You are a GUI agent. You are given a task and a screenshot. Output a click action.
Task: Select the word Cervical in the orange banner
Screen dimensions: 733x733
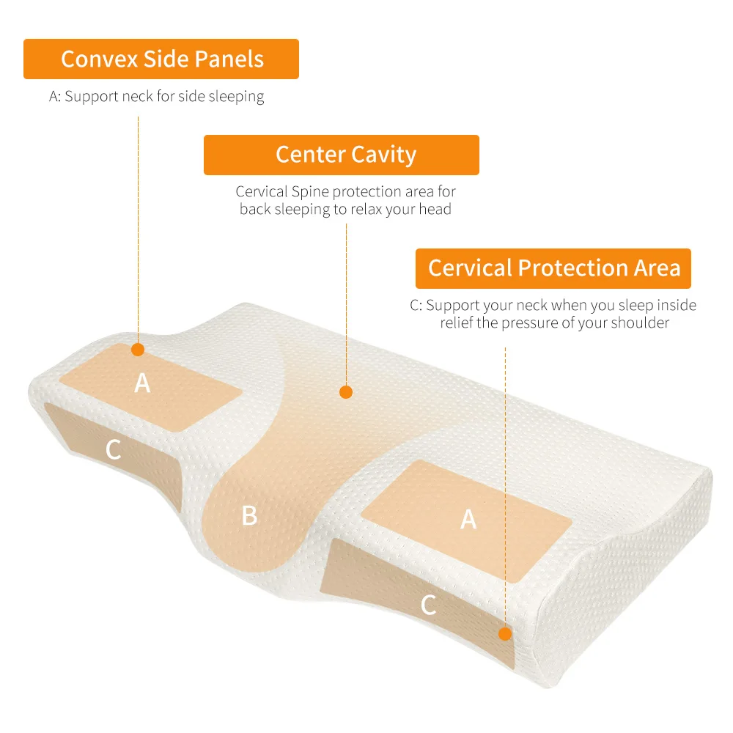(470, 268)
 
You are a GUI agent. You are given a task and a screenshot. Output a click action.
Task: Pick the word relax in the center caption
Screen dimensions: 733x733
(372, 209)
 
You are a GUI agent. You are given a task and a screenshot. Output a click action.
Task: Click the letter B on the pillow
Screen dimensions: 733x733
(250, 515)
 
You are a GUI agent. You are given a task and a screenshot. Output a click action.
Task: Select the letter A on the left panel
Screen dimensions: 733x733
(142, 382)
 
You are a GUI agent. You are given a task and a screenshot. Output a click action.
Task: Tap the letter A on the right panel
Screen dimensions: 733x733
(468, 519)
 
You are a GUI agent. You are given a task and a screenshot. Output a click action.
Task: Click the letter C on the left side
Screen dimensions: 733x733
(113, 450)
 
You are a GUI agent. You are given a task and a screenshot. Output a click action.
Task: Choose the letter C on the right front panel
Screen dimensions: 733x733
(429, 605)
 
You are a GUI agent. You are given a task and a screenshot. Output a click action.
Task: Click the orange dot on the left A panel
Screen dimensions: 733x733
(138, 350)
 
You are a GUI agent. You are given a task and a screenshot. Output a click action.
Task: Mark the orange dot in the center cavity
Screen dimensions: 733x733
(346, 392)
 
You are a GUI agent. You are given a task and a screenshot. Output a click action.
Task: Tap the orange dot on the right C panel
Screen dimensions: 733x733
(505, 633)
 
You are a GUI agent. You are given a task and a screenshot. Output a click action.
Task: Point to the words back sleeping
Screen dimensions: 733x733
(281, 209)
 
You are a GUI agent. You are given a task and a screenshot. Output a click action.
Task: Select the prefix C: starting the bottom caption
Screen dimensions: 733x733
(416, 305)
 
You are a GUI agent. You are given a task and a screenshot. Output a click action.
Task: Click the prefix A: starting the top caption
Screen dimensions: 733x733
(55, 96)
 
